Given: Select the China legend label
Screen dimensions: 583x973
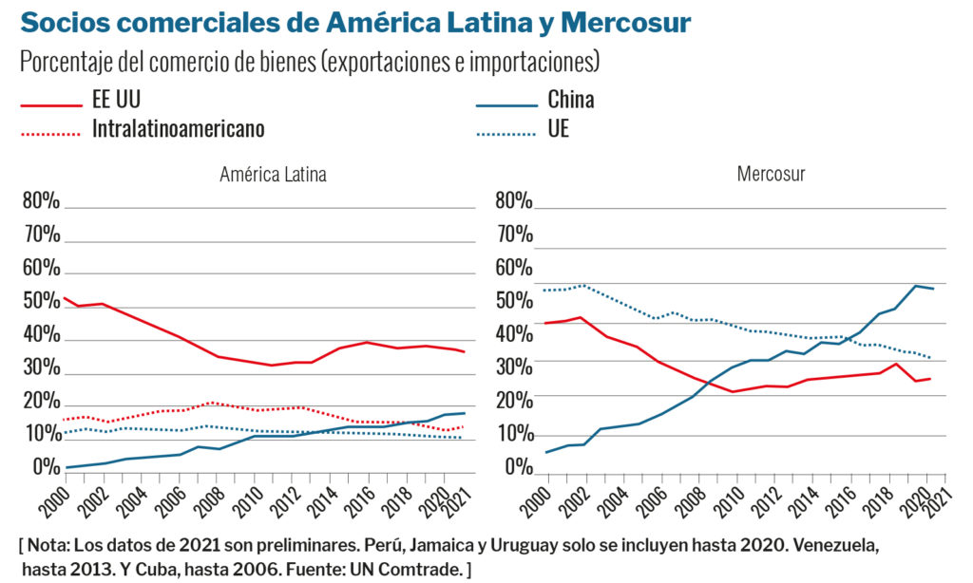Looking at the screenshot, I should coord(570,99).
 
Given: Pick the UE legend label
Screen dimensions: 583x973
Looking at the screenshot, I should coord(558,128).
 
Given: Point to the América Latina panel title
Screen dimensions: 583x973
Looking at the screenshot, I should coord(273,175).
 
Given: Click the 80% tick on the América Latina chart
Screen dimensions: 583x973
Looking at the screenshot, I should coord(41,202).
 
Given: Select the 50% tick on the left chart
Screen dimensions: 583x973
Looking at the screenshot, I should coord(41,302).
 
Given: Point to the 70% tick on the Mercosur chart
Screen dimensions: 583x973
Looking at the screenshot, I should coord(513,235).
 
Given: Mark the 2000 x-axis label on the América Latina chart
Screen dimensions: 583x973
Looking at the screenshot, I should coord(57,498).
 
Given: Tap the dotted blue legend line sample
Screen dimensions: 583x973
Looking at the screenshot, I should coord(506,133).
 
